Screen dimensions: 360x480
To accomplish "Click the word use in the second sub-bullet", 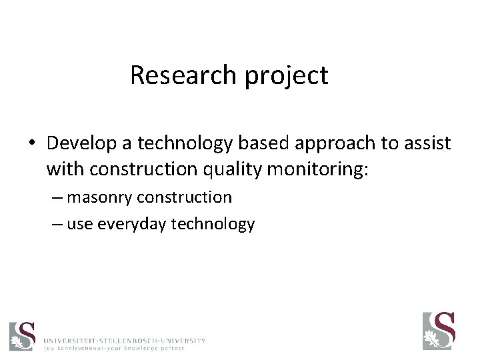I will click(x=79, y=225).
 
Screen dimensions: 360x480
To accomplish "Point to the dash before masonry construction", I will click(x=57, y=197).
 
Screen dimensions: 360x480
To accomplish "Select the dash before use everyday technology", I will click(x=57, y=225).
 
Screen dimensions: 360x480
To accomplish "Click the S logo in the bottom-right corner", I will click(x=439, y=331).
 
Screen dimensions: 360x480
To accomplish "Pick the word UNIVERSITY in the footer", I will click(x=183, y=340).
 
